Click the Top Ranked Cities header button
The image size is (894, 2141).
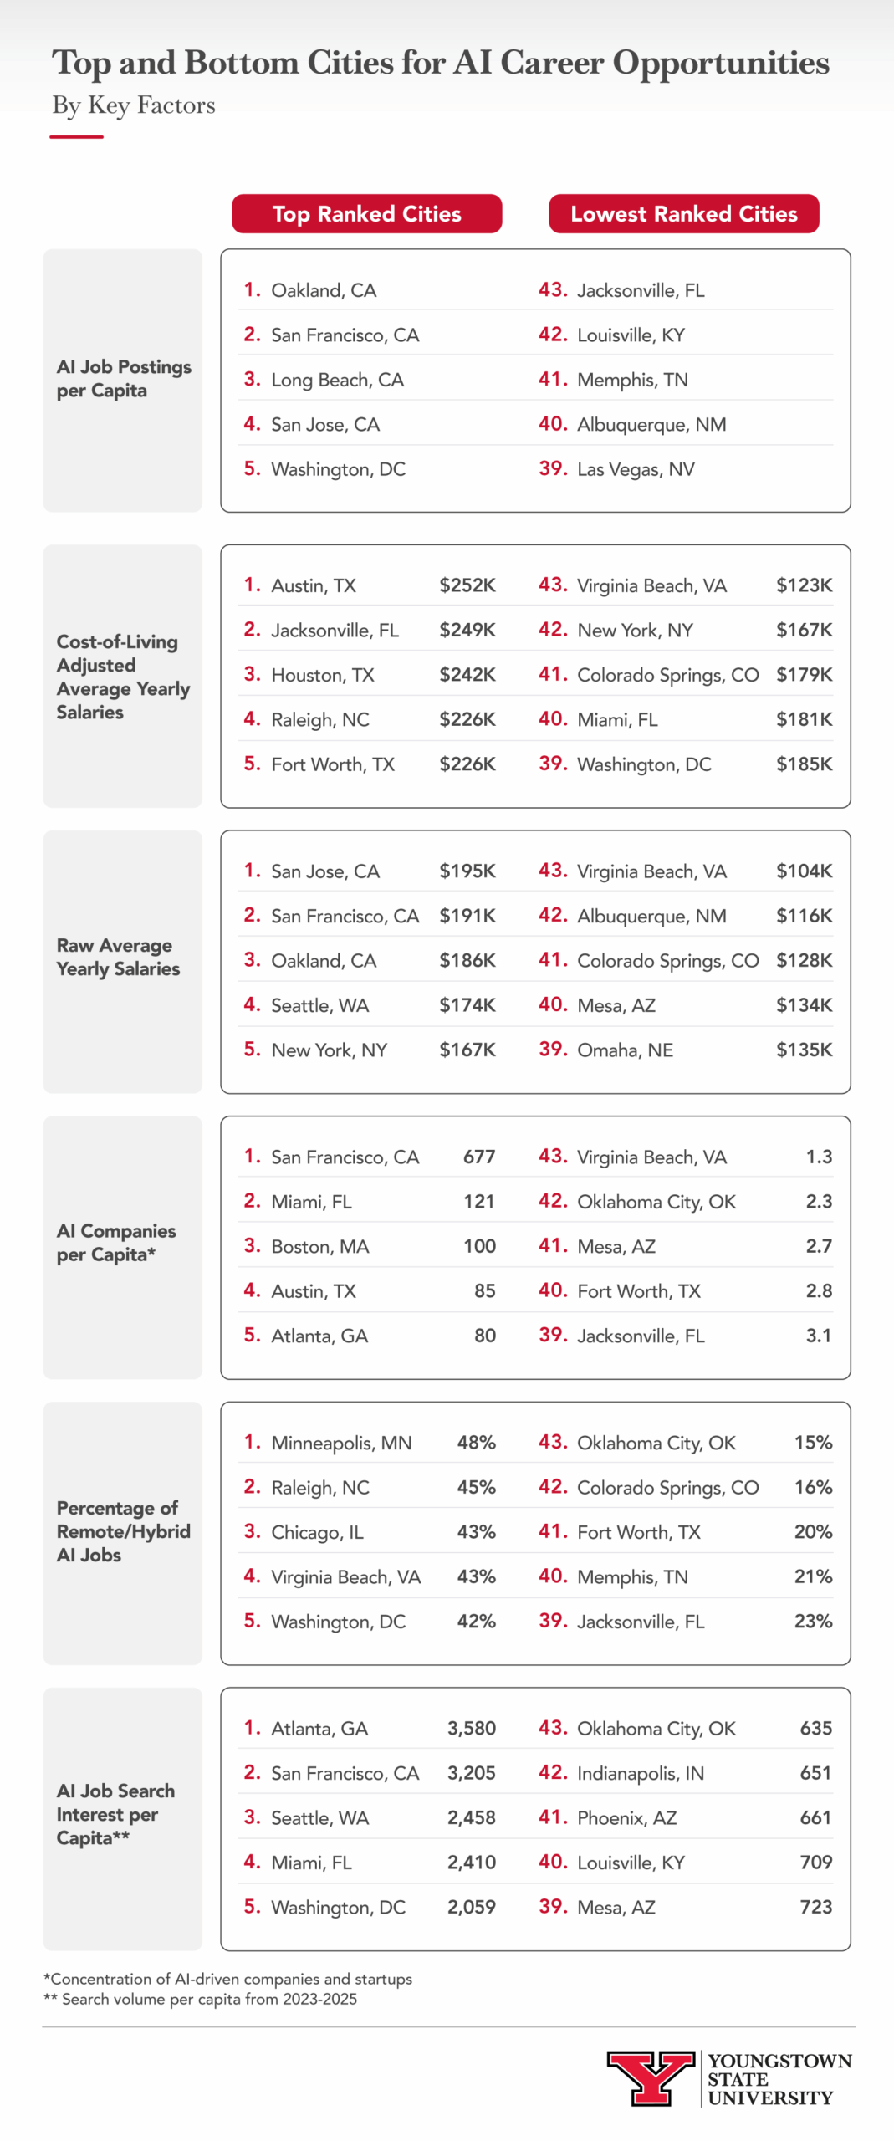tap(366, 214)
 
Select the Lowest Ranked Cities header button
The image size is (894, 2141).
tap(683, 214)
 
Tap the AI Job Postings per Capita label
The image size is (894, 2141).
tap(123, 379)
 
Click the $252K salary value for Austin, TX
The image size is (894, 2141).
tap(467, 585)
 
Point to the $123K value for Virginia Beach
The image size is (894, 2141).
tap(804, 585)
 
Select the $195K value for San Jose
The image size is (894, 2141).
tap(467, 871)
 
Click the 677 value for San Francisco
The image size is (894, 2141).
tap(479, 1157)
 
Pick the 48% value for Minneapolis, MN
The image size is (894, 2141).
tap(476, 1443)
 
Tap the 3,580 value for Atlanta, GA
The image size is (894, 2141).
tap(472, 1728)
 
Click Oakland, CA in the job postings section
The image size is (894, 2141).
tap(324, 290)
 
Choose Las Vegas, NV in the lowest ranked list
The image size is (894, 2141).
tap(636, 469)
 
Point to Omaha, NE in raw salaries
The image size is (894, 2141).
tap(625, 1050)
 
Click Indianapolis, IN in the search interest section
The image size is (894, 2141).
tap(641, 1773)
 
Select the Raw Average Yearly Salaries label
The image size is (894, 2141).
tap(118, 957)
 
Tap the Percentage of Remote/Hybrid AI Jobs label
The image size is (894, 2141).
tap(123, 1531)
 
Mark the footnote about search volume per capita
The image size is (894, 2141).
tap(200, 1999)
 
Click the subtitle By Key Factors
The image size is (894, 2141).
tap(134, 105)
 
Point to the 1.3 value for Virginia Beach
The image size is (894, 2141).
tap(819, 1157)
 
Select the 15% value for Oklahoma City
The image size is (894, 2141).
tap(813, 1443)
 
